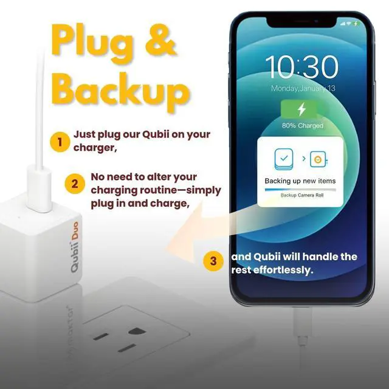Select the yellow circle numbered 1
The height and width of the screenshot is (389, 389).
pyautogui.click(x=60, y=143)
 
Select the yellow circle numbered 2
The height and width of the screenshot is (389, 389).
pyautogui.click(x=74, y=182)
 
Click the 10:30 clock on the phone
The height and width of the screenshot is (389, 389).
pyautogui.click(x=302, y=67)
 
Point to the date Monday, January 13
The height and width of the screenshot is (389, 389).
pyautogui.click(x=302, y=89)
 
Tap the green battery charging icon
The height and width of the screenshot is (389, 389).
pyautogui.click(x=302, y=110)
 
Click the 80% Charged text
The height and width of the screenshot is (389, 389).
pyautogui.click(x=302, y=126)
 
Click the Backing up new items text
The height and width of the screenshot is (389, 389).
pyautogui.click(x=300, y=181)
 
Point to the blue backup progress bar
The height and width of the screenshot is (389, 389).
pyautogui.click(x=300, y=189)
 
